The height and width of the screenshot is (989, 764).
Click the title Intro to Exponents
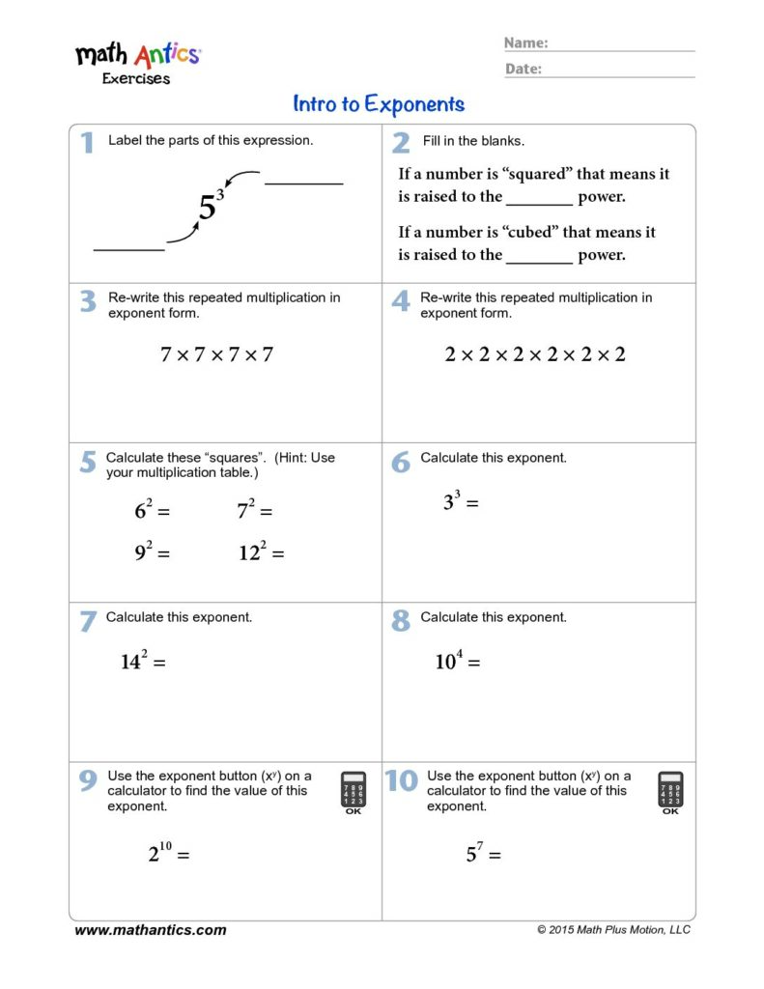[x=379, y=104]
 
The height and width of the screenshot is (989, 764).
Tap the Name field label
[x=526, y=42]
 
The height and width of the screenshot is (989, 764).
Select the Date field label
[x=523, y=69]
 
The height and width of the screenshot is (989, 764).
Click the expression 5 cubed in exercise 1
[x=211, y=205]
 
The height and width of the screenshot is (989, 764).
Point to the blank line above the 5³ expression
[x=303, y=182]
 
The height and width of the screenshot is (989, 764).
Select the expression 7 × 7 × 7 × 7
[x=217, y=354]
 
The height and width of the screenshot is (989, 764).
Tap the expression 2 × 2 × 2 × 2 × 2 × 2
[x=535, y=354]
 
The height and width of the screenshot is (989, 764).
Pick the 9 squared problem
[x=153, y=552]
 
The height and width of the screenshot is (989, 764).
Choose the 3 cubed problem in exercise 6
[x=461, y=501]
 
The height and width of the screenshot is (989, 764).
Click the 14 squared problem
[x=144, y=662]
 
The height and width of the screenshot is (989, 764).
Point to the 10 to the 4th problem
[x=458, y=662]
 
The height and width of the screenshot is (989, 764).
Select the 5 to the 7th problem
[x=483, y=854]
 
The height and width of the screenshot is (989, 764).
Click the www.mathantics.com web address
[x=151, y=930]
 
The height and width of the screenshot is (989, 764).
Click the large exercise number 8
[x=401, y=621]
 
